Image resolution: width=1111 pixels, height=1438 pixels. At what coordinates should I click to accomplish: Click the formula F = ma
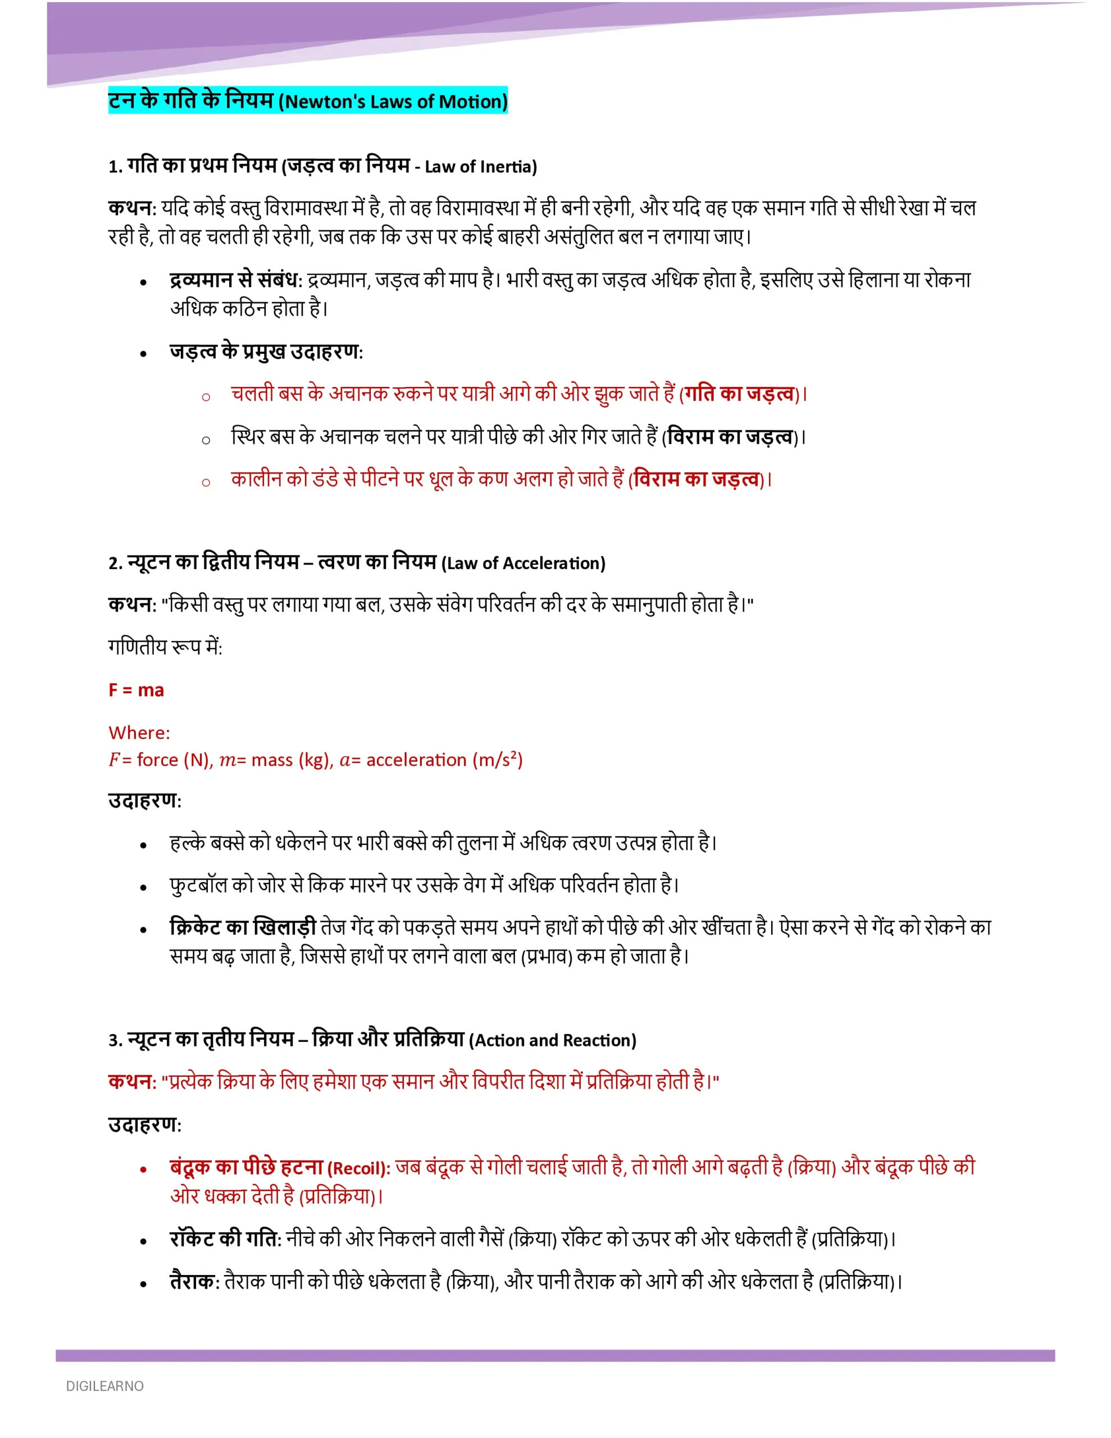[136, 690]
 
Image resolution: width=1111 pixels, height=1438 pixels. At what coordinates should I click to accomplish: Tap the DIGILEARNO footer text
[104, 1386]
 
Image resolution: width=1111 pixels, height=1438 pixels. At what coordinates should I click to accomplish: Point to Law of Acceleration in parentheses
[523, 563]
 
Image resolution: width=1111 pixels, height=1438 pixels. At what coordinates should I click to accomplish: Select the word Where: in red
[139, 733]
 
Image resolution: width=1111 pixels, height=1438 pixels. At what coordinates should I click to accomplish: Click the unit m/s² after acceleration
[497, 761]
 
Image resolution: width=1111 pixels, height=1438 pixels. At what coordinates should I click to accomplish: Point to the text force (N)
[174, 761]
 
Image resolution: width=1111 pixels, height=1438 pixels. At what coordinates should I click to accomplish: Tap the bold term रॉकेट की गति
[224, 1239]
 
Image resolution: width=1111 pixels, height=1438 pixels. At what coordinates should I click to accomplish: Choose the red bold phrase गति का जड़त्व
[739, 394]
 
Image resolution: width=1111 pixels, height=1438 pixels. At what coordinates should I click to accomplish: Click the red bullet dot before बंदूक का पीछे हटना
[143, 1170]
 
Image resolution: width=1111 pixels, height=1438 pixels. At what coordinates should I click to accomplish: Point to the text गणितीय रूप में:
[165, 647]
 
